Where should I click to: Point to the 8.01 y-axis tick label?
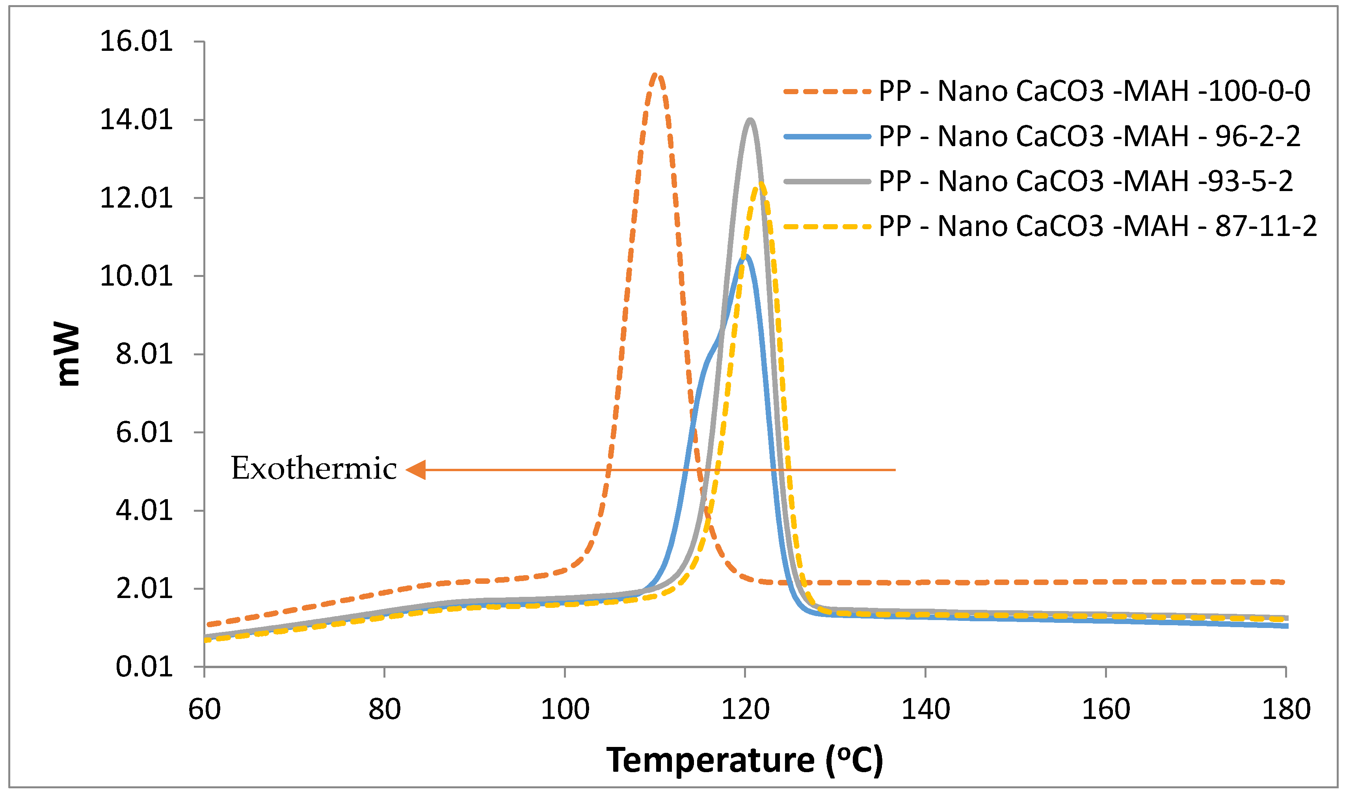(x=144, y=354)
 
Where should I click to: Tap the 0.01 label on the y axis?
(x=144, y=667)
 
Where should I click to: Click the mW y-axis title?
(x=68, y=354)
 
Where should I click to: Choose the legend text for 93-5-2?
(x=1086, y=181)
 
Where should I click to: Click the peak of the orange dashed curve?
(x=657, y=74)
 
